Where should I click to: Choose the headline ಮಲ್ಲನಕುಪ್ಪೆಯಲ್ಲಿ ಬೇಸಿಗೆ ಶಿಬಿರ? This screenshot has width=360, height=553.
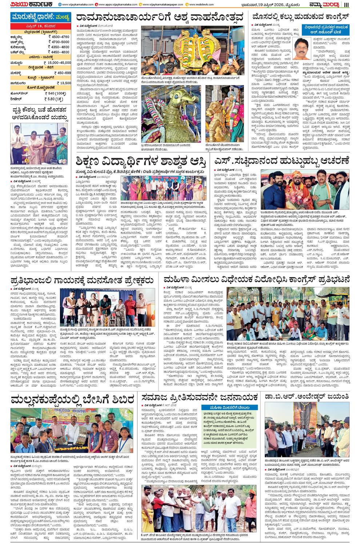click(x=72, y=399)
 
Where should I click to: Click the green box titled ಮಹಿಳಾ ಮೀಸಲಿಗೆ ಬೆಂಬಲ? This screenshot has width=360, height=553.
click(x=230, y=407)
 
